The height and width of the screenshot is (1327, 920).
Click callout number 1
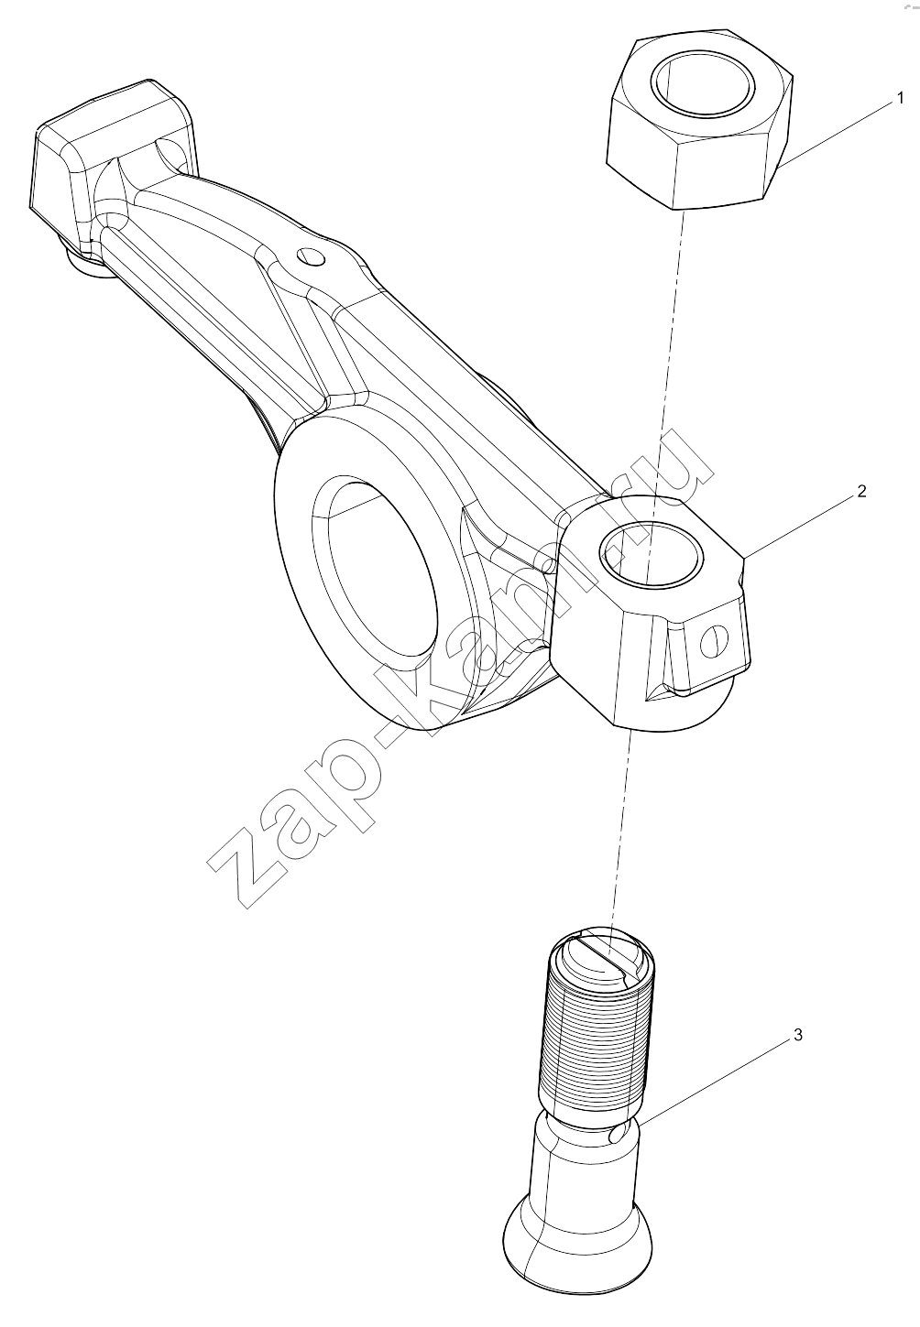[x=900, y=98]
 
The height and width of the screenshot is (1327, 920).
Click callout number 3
[x=798, y=1035]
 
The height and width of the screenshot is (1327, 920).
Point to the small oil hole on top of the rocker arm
[x=312, y=256]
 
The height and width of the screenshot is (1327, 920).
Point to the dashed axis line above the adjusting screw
[x=619, y=830]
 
